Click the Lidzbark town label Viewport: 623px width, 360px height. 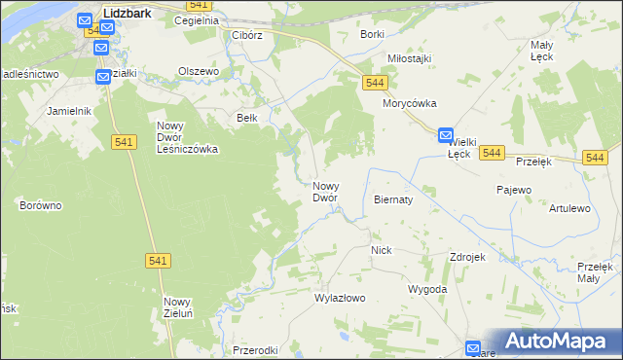coord(129,15)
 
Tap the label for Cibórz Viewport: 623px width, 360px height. coord(248,35)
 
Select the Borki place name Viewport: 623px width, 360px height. coord(372,34)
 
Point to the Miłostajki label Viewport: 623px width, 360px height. coord(409,58)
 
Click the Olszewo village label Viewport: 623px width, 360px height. coord(199,71)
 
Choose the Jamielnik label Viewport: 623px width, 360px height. coord(68,111)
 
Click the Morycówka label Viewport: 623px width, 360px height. coord(410,103)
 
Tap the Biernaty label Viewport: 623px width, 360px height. coord(394,199)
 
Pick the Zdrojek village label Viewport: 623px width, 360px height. coord(467,257)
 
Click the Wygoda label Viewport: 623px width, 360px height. coord(427,290)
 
